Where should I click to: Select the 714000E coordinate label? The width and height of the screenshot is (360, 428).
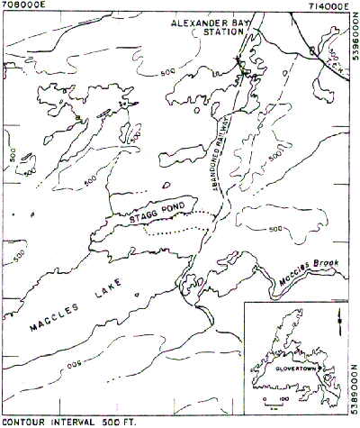click(330, 5)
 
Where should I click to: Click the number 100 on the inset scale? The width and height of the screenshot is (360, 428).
click(284, 396)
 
